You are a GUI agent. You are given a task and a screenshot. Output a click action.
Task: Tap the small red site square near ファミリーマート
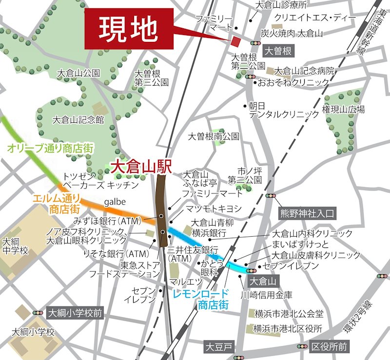[x=236, y=41]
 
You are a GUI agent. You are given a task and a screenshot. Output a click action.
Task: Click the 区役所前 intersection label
[x=329, y=346]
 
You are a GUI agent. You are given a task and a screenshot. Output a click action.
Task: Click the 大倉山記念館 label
[x=78, y=119]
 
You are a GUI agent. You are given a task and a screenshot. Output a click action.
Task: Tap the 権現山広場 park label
[x=343, y=111]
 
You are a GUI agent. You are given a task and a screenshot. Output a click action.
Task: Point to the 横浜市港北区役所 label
[x=288, y=329]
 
